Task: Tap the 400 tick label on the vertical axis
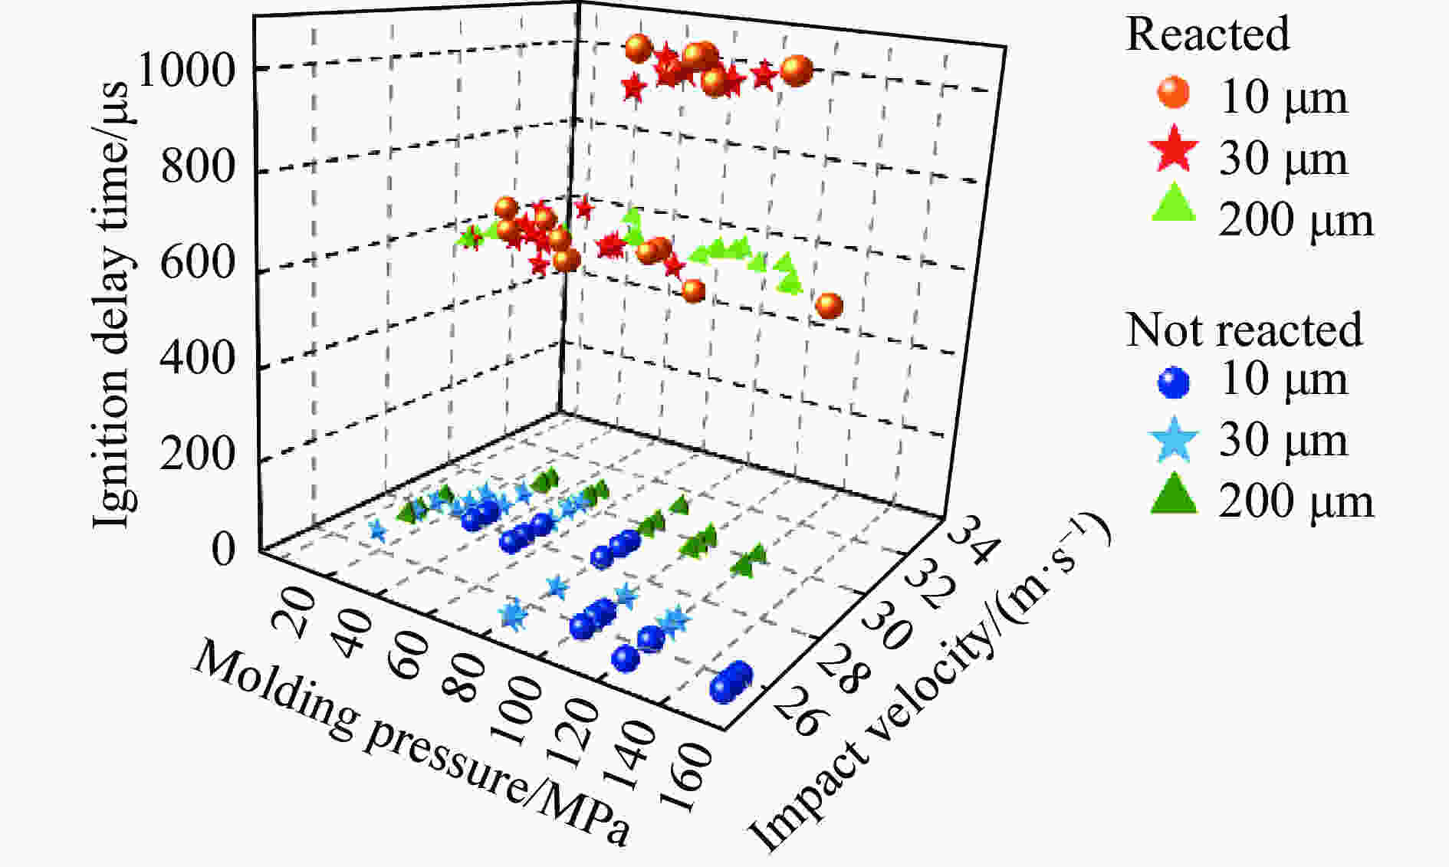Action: [x=197, y=358]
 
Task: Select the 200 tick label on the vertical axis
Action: [x=197, y=454]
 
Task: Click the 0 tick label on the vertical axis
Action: [x=223, y=550]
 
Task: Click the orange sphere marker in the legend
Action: [x=1174, y=94]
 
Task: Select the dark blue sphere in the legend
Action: [x=1174, y=382]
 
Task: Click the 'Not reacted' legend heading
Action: [x=1244, y=330]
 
